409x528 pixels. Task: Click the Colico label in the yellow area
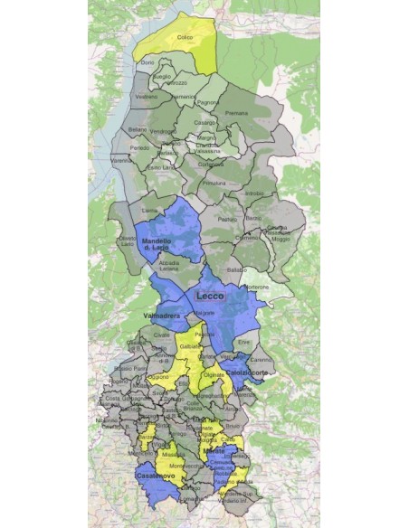click(x=185, y=37)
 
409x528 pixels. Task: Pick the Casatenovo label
click(x=154, y=475)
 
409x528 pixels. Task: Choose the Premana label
click(x=236, y=113)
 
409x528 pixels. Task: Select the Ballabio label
click(x=237, y=270)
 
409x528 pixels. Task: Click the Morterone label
click(x=259, y=287)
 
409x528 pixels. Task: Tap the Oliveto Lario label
click(x=127, y=241)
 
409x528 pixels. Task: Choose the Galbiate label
click(x=189, y=346)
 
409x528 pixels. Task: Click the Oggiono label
click(x=159, y=376)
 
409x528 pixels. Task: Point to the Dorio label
click(x=148, y=61)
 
